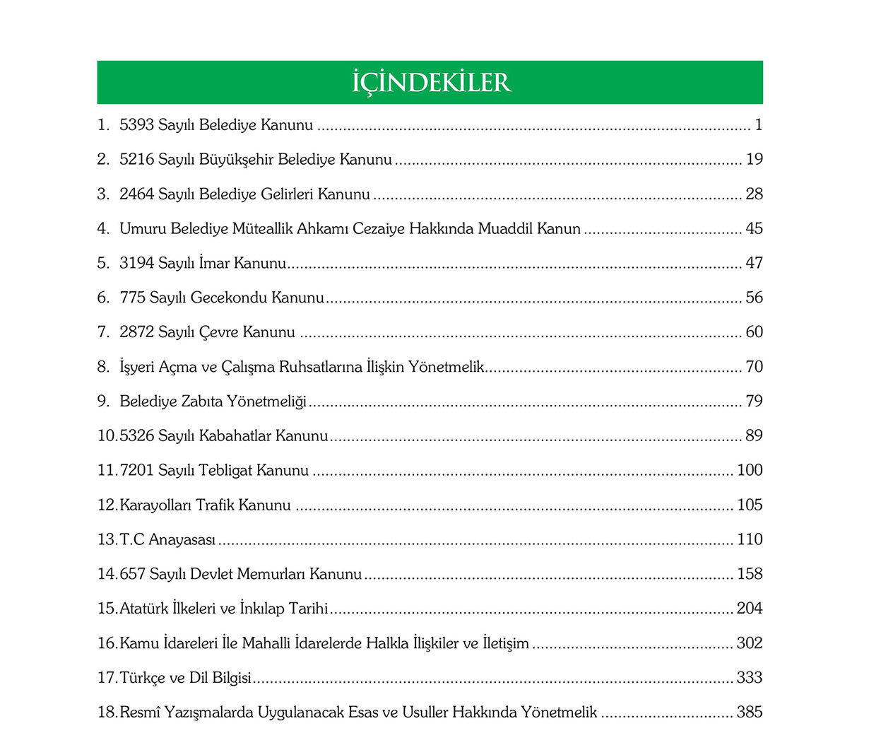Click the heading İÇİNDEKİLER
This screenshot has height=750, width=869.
pyautogui.click(x=431, y=82)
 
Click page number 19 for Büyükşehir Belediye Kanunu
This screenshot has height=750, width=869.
pyautogui.click(x=755, y=159)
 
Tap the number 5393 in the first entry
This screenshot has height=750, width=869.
pyautogui.click(x=136, y=125)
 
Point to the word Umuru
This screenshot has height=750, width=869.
pyautogui.click(x=140, y=228)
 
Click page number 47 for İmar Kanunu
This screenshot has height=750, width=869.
pyautogui.click(x=755, y=263)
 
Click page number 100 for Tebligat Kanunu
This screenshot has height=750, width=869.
pyautogui.click(x=750, y=470)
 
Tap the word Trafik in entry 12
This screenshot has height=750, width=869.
pyautogui.click(x=215, y=505)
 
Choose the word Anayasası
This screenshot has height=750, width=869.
pyautogui.click(x=182, y=539)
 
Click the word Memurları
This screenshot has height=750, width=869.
pyautogui.click(x=271, y=574)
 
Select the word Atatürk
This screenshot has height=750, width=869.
pyautogui.click(x=143, y=609)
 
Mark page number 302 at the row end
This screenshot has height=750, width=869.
pyautogui.click(x=750, y=643)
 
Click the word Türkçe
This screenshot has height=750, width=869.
pyautogui.click(x=143, y=678)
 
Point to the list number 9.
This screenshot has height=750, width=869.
pyautogui.click(x=102, y=402)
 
